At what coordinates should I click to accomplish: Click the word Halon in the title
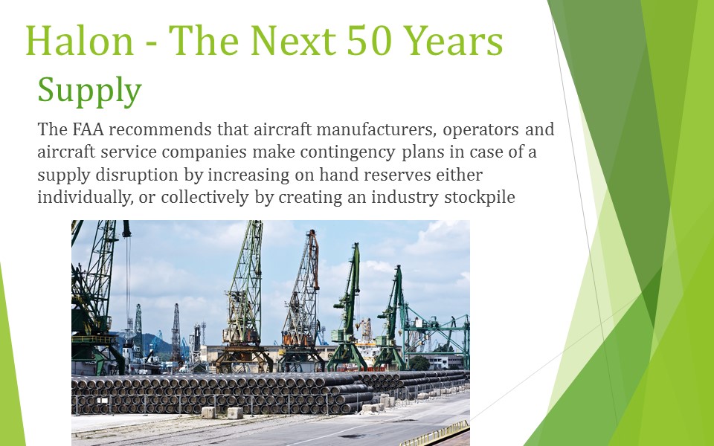click(x=80, y=41)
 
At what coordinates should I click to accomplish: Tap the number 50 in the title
click(x=369, y=41)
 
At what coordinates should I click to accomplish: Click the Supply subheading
click(x=90, y=91)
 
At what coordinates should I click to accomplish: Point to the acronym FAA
click(x=88, y=129)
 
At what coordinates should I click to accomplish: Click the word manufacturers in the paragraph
click(x=376, y=129)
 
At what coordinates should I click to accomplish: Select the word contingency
click(x=348, y=152)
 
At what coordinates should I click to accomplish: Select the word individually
click(x=85, y=198)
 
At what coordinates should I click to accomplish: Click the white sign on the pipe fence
click(x=103, y=401)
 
